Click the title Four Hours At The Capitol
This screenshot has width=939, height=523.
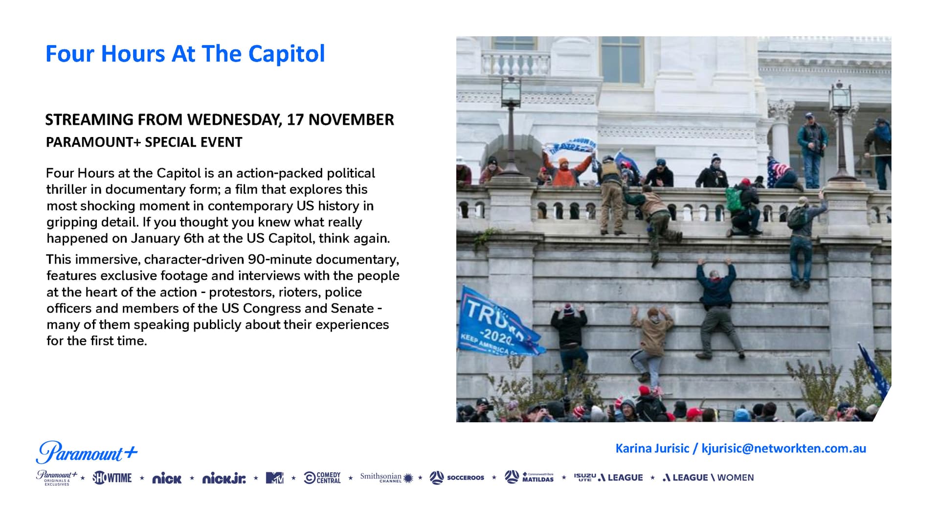(x=185, y=54)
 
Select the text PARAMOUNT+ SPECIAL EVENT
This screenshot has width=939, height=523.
(x=144, y=142)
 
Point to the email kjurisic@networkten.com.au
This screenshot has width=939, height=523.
(x=783, y=449)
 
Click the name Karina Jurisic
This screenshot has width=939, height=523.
(x=652, y=449)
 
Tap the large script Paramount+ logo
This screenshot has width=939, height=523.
(x=87, y=452)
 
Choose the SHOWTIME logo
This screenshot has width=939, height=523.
(x=112, y=478)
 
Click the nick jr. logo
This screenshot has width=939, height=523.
(x=224, y=478)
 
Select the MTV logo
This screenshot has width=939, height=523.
(x=274, y=478)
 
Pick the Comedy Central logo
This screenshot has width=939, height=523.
(x=322, y=478)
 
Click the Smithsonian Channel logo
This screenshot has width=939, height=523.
(x=386, y=478)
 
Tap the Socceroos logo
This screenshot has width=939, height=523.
(x=457, y=478)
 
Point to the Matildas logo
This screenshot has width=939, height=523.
(x=529, y=477)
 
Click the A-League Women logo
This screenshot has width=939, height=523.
(x=708, y=478)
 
